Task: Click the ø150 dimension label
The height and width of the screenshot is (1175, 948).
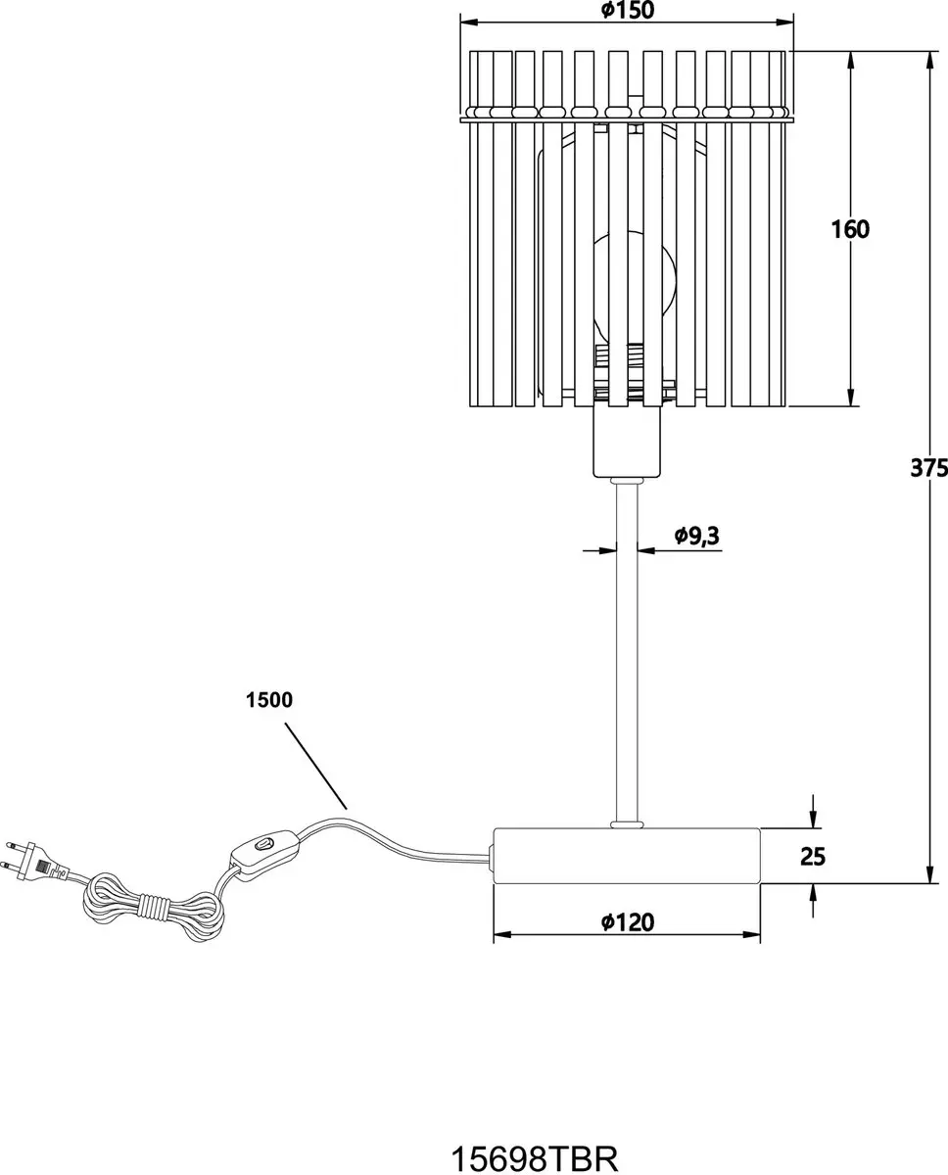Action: pos(627,10)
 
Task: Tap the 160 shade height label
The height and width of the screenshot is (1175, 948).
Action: pos(850,229)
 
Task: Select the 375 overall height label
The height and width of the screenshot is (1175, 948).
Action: pos(928,468)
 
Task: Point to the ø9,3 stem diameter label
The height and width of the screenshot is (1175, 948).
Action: pos(697,536)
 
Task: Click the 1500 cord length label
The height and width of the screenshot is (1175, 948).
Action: pos(269,700)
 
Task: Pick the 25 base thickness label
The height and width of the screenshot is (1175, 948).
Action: pos(813,856)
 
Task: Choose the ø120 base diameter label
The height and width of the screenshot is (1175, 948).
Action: pos(628,922)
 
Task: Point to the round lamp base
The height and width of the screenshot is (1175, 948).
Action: pos(627,855)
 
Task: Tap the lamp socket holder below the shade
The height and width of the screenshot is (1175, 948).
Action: pos(627,443)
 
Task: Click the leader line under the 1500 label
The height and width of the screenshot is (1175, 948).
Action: pos(315,766)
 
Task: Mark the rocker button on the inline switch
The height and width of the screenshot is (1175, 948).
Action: pos(263,844)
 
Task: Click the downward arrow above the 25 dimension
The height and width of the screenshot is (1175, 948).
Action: pos(813,812)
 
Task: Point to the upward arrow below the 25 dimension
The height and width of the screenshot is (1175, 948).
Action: pos(813,901)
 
